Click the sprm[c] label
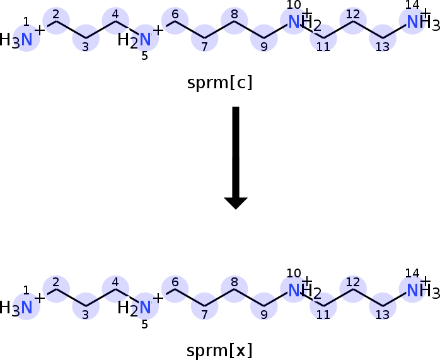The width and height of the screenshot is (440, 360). coord(220,83)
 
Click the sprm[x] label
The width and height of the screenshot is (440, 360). coord(219,351)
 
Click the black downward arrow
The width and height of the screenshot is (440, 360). coord(236,158)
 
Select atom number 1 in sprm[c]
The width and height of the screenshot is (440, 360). coord(26,38)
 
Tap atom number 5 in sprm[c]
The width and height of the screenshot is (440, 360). coord(146,38)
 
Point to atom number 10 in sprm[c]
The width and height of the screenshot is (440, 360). coord(294,21)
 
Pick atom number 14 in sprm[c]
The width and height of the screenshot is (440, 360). coord(412,21)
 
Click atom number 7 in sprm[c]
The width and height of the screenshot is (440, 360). coord(205,38)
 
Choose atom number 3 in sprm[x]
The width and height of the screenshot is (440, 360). coord(86,306)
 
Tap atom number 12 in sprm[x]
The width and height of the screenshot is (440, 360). coord(353,289)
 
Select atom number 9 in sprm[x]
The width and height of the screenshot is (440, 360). coord(264,306)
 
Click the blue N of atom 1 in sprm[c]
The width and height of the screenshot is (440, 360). coord(26,40)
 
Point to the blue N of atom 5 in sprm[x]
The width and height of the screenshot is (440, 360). coord(146,308)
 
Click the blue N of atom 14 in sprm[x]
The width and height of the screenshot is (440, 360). coord(412,290)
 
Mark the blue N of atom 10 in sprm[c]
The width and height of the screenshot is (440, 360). coord(294,22)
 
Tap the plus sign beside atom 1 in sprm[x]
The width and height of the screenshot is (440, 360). coord(40,298)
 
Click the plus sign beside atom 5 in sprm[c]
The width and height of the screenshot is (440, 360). coord(158,30)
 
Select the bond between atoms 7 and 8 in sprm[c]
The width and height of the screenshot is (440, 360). coord(219,30)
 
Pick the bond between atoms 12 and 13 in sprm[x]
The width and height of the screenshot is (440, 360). coord(368,298)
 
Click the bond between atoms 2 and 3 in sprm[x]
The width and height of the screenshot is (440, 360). coord(71,298)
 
